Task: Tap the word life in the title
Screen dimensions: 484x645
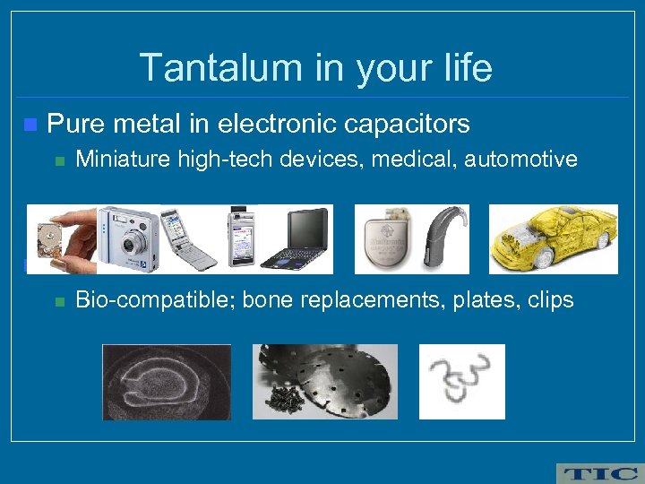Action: tap(462, 68)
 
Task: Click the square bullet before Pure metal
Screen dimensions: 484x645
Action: tap(31, 124)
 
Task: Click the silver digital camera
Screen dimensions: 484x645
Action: tap(128, 238)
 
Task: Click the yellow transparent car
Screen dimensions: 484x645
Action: tap(553, 238)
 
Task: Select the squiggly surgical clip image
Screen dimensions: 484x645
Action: tap(461, 380)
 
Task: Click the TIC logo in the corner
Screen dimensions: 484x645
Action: tap(598, 472)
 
